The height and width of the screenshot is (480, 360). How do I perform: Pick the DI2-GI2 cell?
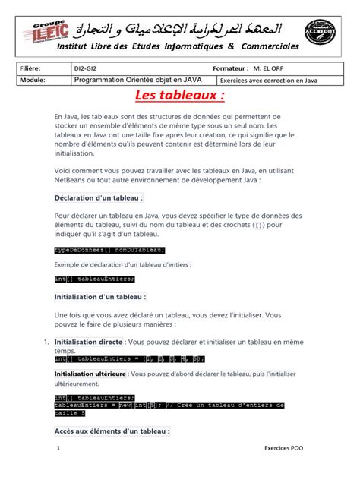[x=85, y=68]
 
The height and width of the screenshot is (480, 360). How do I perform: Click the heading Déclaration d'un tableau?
[x=99, y=197]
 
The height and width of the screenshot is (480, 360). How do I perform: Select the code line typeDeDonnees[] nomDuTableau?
[x=109, y=249]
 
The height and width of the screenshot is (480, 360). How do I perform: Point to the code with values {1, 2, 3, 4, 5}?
[x=130, y=358]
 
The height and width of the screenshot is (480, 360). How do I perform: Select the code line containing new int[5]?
[x=169, y=406]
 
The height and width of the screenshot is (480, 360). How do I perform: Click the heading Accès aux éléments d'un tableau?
[x=112, y=431]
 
